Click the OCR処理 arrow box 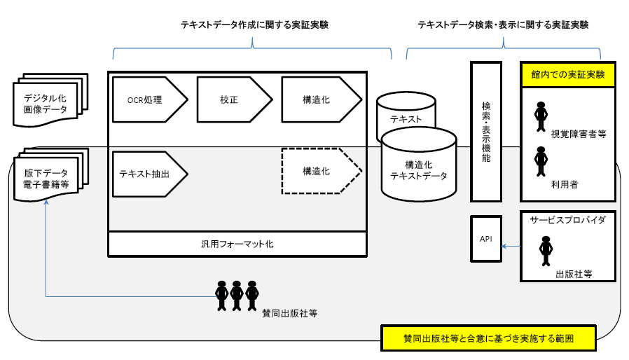(149, 100)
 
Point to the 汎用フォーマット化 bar (238, 244)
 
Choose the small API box (486, 239)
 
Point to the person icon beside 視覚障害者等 (540, 116)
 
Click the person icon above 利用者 (540, 161)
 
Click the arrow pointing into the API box (511, 246)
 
